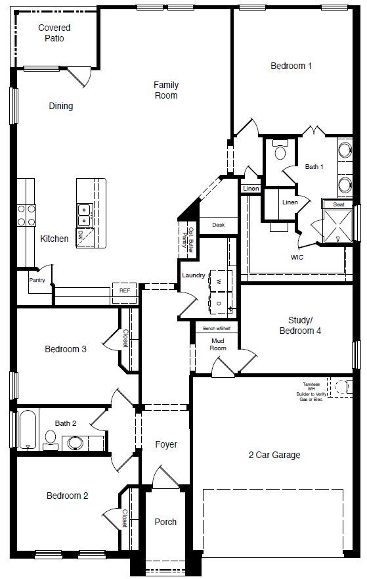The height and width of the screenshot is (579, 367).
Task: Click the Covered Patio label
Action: click(x=54, y=33)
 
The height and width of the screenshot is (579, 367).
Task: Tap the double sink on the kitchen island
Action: click(x=84, y=210)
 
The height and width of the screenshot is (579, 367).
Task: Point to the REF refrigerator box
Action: click(x=125, y=290)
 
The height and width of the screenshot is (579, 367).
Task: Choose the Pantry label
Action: click(x=37, y=280)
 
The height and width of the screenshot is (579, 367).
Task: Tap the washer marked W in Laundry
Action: click(x=219, y=281)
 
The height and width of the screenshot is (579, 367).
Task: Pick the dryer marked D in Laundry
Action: click(x=219, y=302)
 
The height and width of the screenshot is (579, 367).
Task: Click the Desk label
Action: click(x=218, y=225)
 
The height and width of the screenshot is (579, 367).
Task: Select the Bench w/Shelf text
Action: click(x=217, y=327)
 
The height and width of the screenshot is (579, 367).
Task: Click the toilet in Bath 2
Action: click(x=51, y=439)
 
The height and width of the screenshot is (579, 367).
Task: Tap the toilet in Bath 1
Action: click(x=280, y=152)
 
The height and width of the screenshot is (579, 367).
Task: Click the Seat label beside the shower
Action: click(x=339, y=204)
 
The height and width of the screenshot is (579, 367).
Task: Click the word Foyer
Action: click(x=166, y=445)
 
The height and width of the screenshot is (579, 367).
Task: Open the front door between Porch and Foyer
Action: click(x=164, y=478)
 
